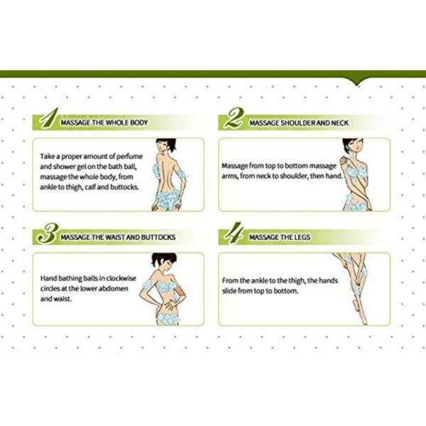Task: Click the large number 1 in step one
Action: click(x=49, y=119)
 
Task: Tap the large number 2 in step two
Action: click(x=234, y=118)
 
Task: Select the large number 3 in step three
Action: click(x=48, y=234)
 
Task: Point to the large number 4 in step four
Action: click(x=234, y=233)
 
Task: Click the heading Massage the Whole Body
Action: click(x=104, y=123)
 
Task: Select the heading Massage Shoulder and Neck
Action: click(x=299, y=123)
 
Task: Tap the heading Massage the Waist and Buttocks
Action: click(x=118, y=237)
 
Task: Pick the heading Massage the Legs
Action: click(x=280, y=237)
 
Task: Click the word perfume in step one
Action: click(x=129, y=157)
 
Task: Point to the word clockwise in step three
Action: click(x=121, y=278)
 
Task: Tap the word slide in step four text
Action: click(x=229, y=290)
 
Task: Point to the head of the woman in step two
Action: click(x=353, y=146)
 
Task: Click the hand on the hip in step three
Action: click(x=169, y=305)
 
